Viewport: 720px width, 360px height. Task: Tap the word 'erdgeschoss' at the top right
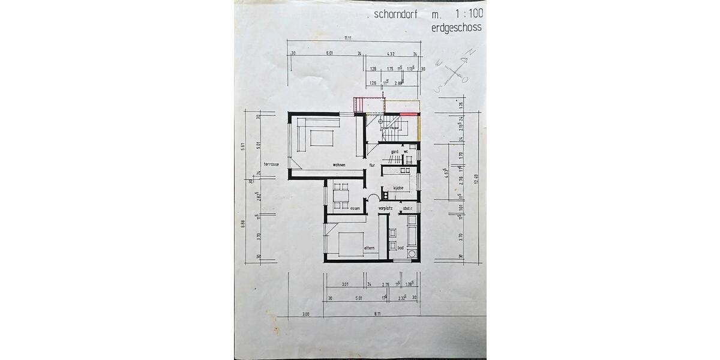point(457,28)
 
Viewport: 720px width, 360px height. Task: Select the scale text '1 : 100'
point(464,14)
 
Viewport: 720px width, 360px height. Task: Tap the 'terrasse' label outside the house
point(271,164)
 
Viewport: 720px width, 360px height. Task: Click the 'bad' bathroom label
point(400,247)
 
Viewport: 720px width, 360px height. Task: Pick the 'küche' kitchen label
point(398,188)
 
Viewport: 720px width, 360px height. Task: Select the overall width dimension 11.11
point(347,38)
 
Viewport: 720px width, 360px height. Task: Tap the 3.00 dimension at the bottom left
point(305,313)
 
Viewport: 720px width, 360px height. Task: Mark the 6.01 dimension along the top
point(329,54)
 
